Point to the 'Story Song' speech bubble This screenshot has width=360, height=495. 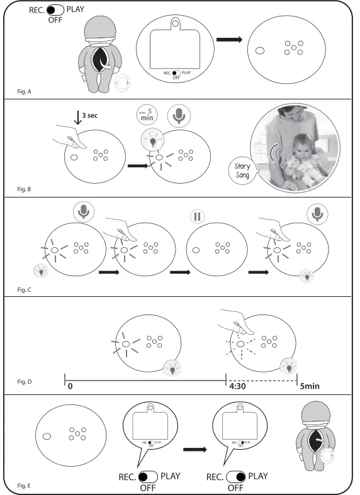(x=242, y=171)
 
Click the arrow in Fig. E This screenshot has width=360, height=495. (x=196, y=450)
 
